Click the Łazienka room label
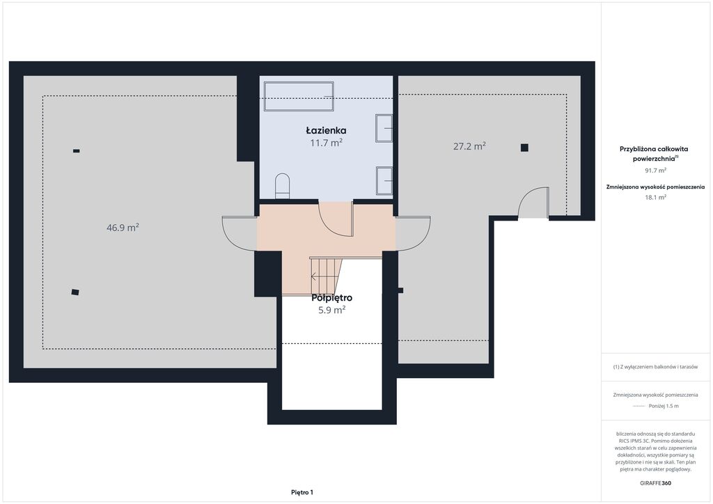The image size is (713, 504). coord(326,130)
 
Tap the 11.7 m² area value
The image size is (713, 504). coord(326,143)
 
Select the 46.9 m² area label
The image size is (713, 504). coord(123,227)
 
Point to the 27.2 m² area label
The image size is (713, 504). coord(469,146)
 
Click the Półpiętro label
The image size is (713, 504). coord(332,298)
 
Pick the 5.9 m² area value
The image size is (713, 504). coord(332,310)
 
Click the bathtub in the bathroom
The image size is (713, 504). coord(299,96)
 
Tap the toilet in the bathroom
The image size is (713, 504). coord(283,186)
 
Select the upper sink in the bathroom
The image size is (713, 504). coord(384,128)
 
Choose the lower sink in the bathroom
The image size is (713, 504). coord(384,181)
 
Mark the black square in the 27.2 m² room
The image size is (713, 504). coord(524,148)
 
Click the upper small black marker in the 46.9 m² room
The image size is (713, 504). coord(77,151)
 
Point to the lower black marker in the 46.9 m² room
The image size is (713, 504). coord(75,292)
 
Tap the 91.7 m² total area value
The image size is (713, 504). coord(655,171)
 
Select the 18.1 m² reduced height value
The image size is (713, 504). coord(655,197)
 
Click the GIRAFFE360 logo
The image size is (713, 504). coord(655,483)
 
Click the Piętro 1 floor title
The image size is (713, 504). coord(302,492)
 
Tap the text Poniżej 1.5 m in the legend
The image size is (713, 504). coord(664,406)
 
